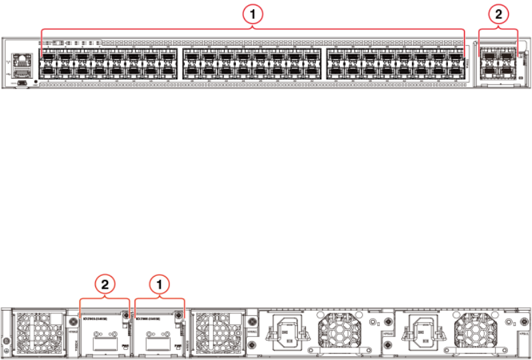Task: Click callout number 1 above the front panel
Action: click(x=253, y=13)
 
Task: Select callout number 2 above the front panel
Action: click(x=498, y=13)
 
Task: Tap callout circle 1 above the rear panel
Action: click(x=159, y=285)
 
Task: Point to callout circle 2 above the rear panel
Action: click(x=105, y=285)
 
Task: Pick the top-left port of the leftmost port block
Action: click(x=49, y=57)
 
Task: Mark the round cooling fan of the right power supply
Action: click(x=475, y=329)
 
